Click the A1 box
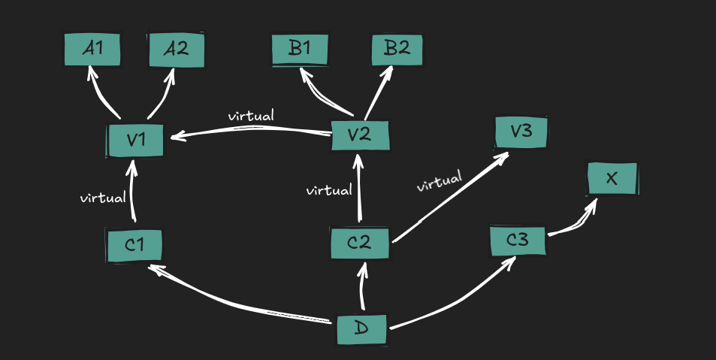(x=92, y=50)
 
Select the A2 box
(x=176, y=50)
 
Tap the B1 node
(x=300, y=50)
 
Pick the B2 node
(x=397, y=50)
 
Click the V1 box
(x=135, y=141)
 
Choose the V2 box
(x=360, y=136)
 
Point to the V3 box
(x=521, y=132)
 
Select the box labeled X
(x=612, y=179)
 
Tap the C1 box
(x=134, y=246)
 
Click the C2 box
(x=360, y=244)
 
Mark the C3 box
(x=518, y=241)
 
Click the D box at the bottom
(x=361, y=330)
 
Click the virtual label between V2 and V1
(x=251, y=116)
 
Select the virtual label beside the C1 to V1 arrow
(x=103, y=198)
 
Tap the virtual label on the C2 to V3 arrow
(x=439, y=182)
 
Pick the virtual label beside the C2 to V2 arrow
(x=329, y=190)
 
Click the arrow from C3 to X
(x=572, y=222)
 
